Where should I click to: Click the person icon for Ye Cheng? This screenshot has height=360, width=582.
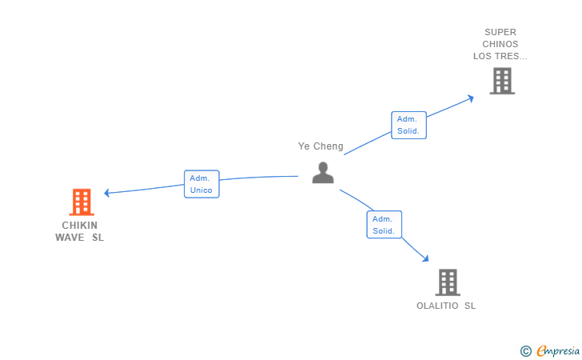coord(323,173)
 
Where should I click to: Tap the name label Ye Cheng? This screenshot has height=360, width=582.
coord(321,146)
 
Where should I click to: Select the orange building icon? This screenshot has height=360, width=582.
coord(82,202)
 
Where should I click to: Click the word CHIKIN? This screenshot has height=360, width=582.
coord(80,226)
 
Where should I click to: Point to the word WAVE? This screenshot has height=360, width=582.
coord(70,238)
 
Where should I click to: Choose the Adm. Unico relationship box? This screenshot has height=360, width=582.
coord(201,184)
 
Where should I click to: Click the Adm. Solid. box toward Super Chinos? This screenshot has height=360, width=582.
coord(409,125)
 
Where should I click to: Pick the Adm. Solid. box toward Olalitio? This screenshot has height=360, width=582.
coord(384,225)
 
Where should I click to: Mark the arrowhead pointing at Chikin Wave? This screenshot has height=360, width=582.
coord(107,192)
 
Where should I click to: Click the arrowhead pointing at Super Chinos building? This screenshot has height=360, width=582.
coord(471,98)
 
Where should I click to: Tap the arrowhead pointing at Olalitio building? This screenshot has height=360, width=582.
coord(425,258)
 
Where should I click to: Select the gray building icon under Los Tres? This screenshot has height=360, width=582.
coord(502,81)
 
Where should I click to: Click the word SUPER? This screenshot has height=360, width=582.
coord(500,33)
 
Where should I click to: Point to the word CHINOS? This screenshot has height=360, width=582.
coord(500,44)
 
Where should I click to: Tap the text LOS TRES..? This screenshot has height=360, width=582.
coord(500,56)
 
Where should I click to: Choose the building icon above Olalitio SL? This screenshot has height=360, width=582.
coord(448,282)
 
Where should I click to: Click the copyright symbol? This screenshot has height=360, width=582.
coord(525,350)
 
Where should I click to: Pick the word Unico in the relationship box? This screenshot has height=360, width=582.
coord(201,190)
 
